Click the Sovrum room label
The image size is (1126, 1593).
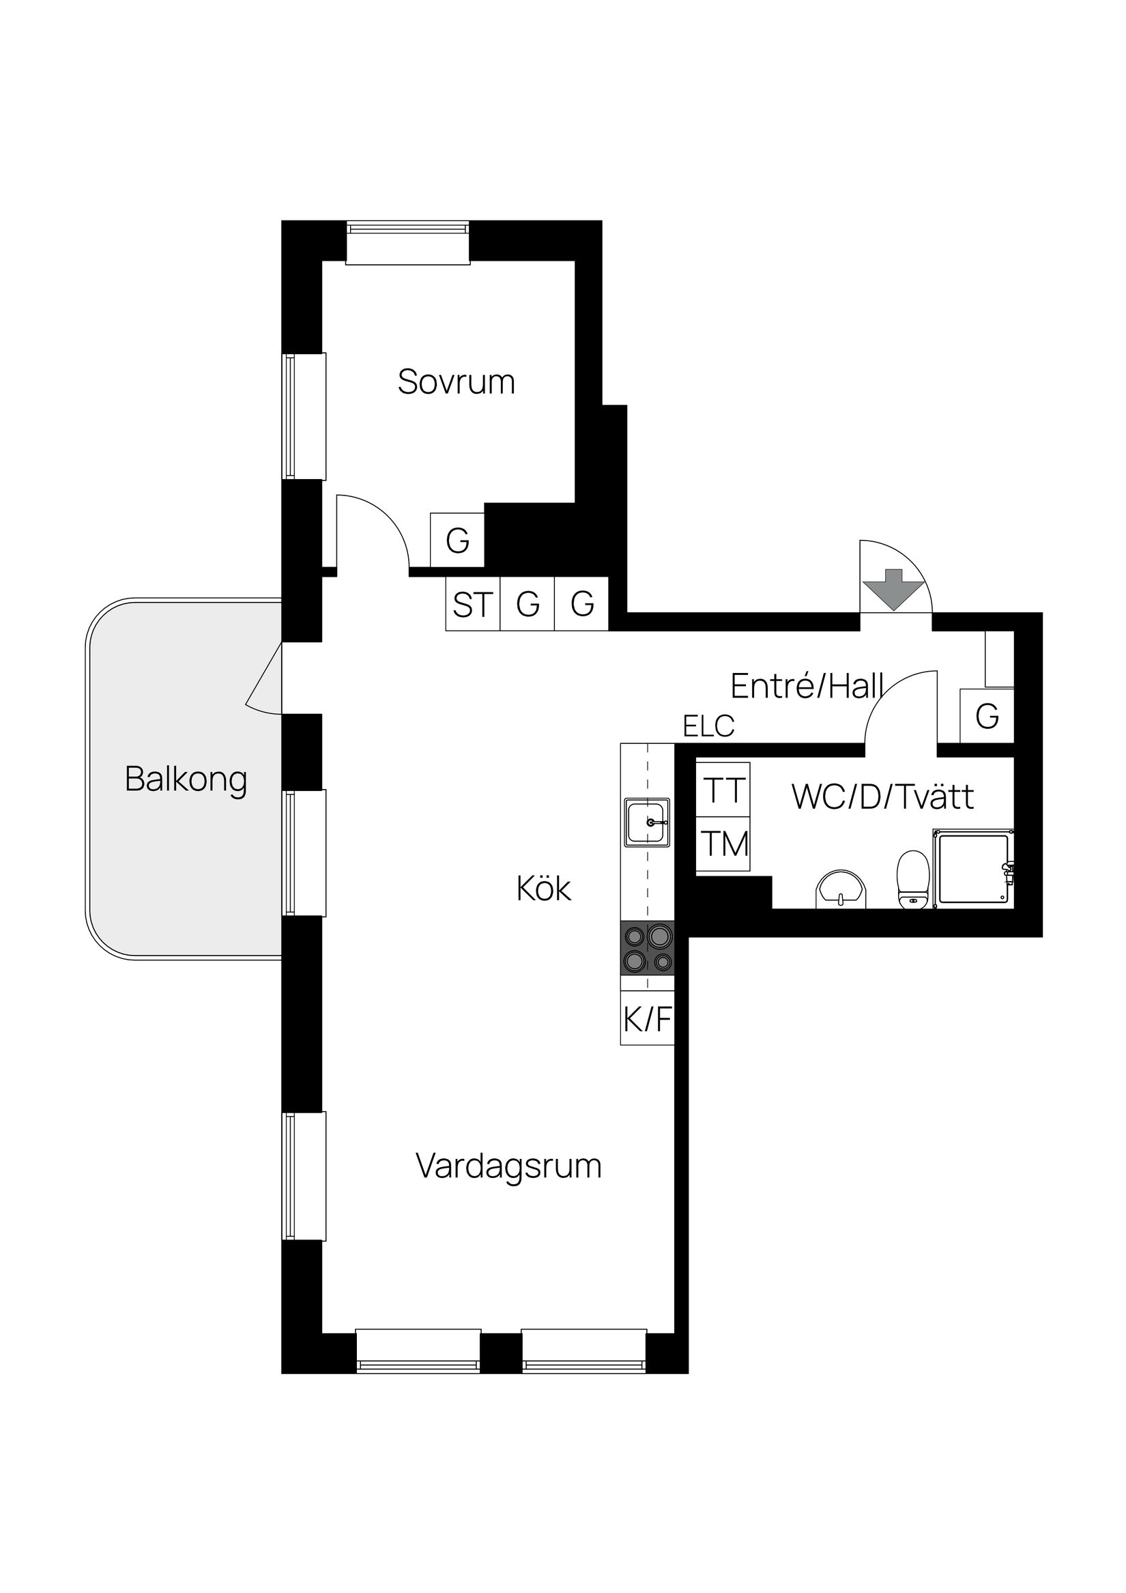pos(456,382)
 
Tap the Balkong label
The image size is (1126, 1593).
pos(186,780)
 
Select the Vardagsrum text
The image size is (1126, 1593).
pos(508,1166)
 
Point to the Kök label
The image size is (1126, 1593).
pos(543,889)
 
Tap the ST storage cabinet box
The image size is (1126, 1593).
pos(472,604)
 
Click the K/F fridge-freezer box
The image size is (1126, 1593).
pos(647,1020)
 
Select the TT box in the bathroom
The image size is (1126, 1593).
pos(723,790)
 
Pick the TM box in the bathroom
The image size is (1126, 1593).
pos(723,844)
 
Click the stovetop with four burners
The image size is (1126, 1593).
pos(647,949)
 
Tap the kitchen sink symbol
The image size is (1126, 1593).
pos(647,822)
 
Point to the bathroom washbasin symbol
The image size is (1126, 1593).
pos(841,889)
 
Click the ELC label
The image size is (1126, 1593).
pos(708,726)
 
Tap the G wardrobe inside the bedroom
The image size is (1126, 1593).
pos(457,541)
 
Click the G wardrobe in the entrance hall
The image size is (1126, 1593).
pos(987,715)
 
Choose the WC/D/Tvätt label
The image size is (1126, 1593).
pos(882,797)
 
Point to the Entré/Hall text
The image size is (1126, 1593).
pos(806,686)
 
